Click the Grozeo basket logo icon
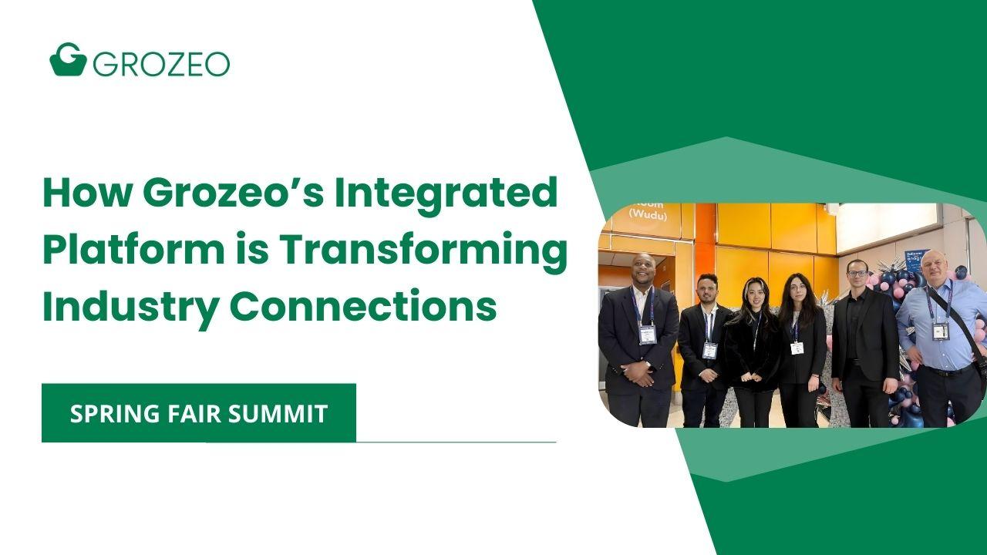pyautogui.click(x=67, y=59)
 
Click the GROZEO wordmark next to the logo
pyautogui.click(x=161, y=63)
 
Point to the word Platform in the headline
pyautogui.click(x=130, y=250)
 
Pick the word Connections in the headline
pyautogui.click(x=363, y=306)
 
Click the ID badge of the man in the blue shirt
pyautogui.click(x=940, y=331)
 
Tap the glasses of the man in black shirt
pyautogui.click(x=857, y=273)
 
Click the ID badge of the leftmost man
pyautogui.click(x=648, y=335)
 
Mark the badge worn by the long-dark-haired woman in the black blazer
pyautogui.click(x=797, y=348)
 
